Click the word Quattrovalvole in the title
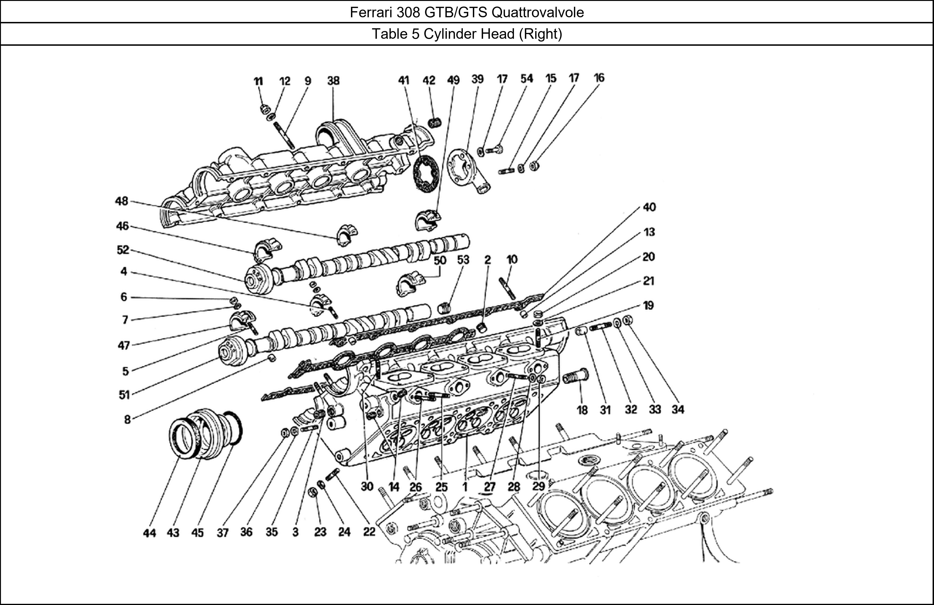537,13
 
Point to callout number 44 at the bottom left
149,533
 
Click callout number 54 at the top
527,78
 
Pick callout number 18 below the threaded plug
582,410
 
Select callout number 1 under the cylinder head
465,487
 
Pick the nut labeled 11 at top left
264,109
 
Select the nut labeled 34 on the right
627,320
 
